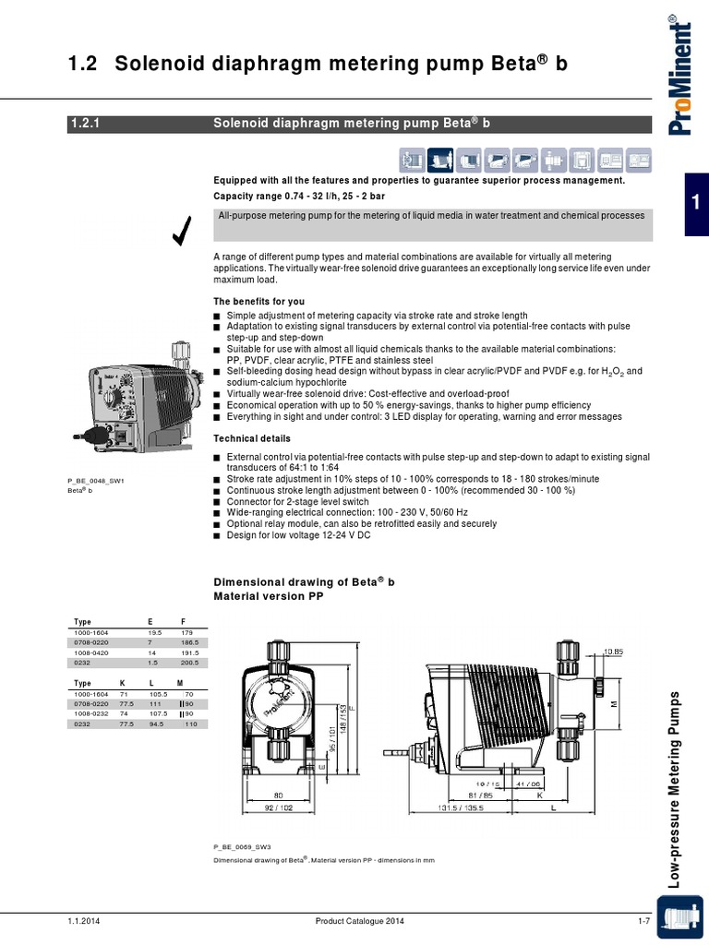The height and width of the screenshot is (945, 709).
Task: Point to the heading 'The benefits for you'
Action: [x=259, y=302]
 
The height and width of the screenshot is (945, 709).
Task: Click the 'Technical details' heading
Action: [x=252, y=438]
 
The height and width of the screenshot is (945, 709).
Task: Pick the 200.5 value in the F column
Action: [x=190, y=663]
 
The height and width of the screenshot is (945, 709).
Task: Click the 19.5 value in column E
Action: [x=154, y=632]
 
